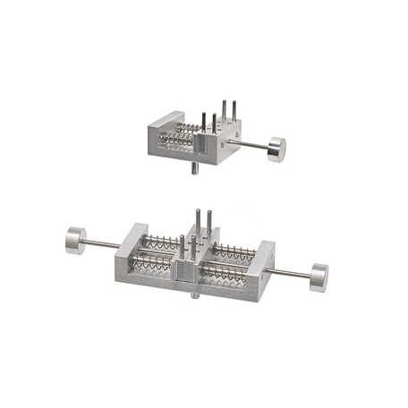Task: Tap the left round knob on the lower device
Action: tap(75, 240)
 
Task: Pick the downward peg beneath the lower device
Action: tap(192, 293)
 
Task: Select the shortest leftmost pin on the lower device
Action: tap(182, 246)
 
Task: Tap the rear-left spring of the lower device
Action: tap(161, 241)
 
